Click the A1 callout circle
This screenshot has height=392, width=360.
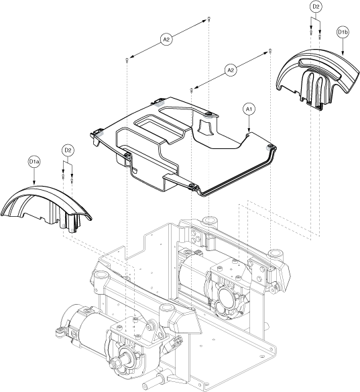coord(249,109)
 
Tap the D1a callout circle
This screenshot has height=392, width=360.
coord(34,162)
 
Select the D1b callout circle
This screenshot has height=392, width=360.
coord(343,32)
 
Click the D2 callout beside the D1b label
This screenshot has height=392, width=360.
coord(316,7)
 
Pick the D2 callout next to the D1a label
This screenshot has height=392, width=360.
coord(68,150)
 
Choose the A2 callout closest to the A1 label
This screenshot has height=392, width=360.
coord(231,70)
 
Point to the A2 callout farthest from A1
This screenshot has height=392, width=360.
coord(166,39)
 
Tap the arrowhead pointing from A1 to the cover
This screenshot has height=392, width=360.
coord(249,130)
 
